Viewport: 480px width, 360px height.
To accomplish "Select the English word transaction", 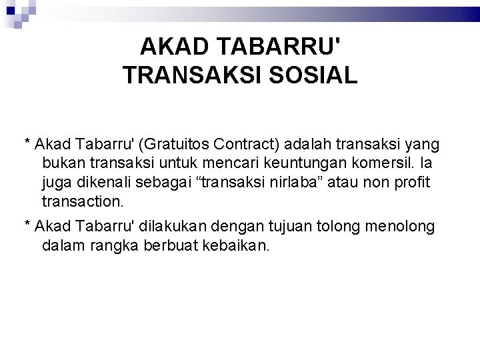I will (x=82, y=200).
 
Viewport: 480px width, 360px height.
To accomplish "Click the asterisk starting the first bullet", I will (x=27, y=142).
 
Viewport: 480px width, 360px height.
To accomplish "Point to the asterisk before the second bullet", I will (x=27, y=225).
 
